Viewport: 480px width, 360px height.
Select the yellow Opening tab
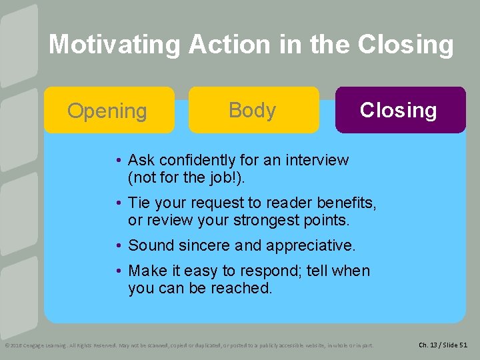point(109,111)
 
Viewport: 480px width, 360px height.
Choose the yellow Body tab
point(253,110)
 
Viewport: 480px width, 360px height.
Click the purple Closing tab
point(399,110)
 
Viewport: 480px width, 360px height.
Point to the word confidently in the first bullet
point(190,161)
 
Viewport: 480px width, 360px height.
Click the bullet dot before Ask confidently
point(117,161)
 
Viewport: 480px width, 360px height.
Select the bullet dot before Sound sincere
point(117,245)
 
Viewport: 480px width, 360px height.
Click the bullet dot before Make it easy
point(117,271)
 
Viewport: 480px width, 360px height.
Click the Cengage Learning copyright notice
point(189,345)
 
